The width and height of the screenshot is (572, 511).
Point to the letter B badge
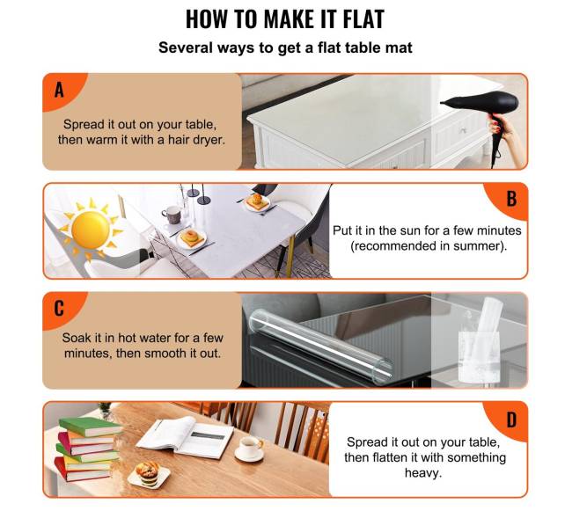tap(508, 201)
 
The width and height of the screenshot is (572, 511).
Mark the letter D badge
tap(508, 420)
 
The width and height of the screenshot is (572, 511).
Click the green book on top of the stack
tap(91, 427)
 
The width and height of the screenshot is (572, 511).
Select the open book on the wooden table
tap(186, 437)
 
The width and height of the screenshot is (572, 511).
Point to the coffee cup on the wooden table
tap(250, 448)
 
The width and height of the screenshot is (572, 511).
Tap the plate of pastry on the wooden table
tap(149, 475)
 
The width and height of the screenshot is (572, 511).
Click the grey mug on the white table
tap(172, 215)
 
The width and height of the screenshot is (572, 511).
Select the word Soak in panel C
tap(77, 338)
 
